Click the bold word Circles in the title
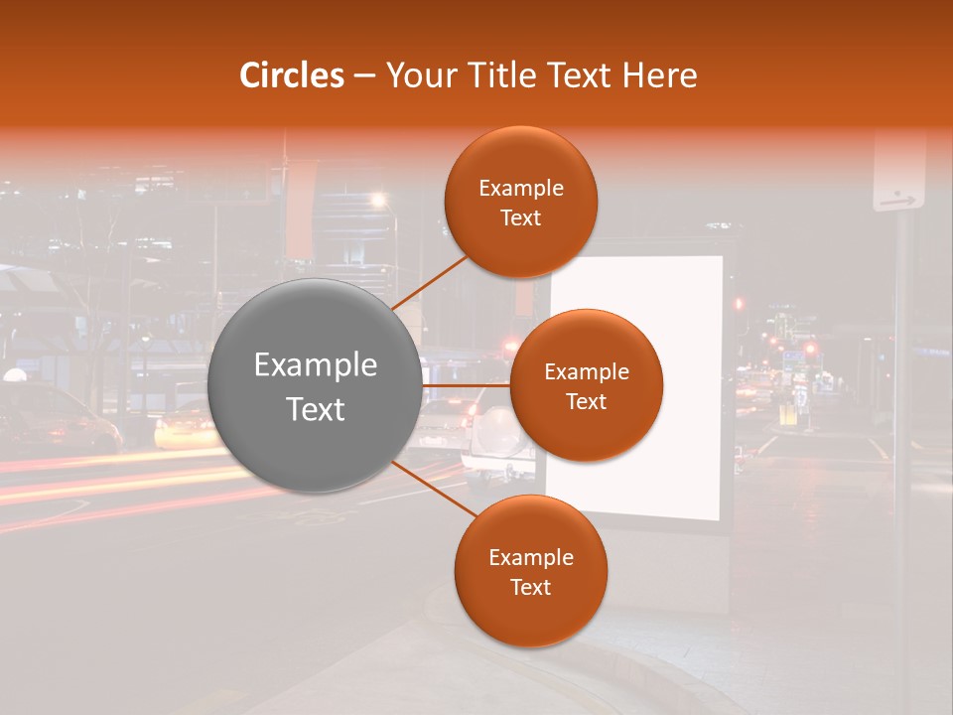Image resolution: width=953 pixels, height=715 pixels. coord(291,75)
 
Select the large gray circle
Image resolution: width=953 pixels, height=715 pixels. coord(315,386)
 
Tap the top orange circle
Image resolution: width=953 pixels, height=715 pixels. coord(520,202)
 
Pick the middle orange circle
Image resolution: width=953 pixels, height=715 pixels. coord(586,385)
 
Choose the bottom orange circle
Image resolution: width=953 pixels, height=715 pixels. coord(530,571)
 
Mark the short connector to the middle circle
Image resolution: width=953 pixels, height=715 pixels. coord(466,385)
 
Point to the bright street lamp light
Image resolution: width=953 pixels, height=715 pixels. coord(378,202)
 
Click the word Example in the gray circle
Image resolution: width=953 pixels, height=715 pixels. coord(315,365)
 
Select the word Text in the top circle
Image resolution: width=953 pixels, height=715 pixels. coord(520,217)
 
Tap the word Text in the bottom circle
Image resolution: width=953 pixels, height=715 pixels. coord(530,587)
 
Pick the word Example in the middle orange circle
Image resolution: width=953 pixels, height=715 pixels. coord(586,372)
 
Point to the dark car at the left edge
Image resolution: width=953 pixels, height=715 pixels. coord(50,417)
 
